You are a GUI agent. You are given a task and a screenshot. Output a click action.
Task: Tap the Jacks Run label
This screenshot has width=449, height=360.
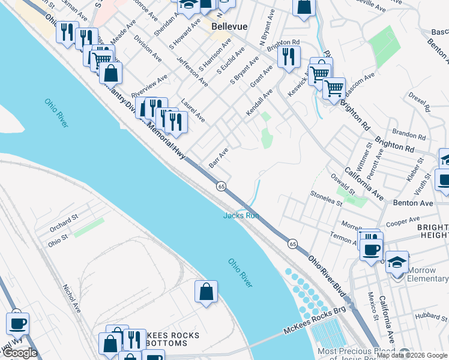(x=241, y=215)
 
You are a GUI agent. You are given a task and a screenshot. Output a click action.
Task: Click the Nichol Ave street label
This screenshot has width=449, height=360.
(x=71, y=298)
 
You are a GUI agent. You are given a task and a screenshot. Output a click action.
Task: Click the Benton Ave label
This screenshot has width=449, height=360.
(x=413, y=203)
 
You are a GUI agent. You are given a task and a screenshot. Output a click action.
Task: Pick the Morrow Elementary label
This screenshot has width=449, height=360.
(x=427, y=274)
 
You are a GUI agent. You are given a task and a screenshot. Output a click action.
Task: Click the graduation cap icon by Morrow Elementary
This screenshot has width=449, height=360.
(x=397, y=262)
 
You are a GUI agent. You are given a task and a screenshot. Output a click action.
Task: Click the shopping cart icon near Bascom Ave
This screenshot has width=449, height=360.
(x=334, y=89)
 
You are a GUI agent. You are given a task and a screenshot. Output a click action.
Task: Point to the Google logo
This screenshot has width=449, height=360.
(x=20, y=353)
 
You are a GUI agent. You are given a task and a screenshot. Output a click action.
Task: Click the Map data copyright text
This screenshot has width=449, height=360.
(x=412, y=355)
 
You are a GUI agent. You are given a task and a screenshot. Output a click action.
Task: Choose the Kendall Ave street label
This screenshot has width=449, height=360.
(x=259, y=103)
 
